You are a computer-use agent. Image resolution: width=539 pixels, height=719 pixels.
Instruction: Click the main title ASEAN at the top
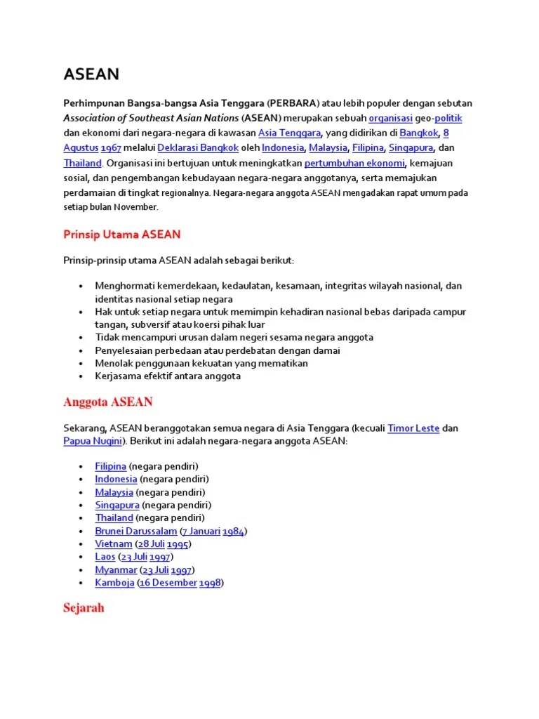coord(91,74)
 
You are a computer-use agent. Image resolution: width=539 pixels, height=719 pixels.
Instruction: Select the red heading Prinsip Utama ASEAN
coord(122,234)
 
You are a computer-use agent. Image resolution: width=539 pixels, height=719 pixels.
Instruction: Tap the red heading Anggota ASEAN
coord(108,402)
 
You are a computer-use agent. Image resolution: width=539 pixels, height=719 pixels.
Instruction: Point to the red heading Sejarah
coord(84,607)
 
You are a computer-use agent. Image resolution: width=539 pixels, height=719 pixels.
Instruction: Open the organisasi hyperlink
coord(390,118)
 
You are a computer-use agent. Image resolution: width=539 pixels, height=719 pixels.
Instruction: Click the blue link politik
coord(448,118)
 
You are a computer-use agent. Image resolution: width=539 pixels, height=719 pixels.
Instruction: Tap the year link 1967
coord(112,147)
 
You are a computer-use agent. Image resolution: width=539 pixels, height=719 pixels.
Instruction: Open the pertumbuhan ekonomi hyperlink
coord(354,163)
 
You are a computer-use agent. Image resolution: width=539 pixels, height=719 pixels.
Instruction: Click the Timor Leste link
coord(413,428)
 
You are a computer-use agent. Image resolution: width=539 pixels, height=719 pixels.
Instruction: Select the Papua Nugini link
coord(93,441)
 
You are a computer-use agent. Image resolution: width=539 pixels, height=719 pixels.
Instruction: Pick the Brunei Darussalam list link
coord(136,531)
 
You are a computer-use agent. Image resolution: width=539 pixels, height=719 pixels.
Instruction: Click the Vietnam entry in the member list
coord(114,543)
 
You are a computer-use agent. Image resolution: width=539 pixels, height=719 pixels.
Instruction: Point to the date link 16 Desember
coord(168,582)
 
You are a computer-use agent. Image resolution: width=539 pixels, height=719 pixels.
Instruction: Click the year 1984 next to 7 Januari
coord(233,531)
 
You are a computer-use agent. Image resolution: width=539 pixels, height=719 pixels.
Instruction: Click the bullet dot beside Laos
coord(82,557)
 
